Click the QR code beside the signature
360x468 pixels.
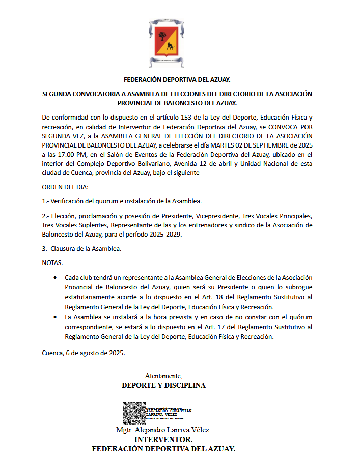coord(134,414)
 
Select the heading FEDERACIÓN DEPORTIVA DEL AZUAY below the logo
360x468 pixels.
coord(177,80)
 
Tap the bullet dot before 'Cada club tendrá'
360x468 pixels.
coord(55,277)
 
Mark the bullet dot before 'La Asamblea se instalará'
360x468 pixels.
coord(55,317)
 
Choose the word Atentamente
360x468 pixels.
coord(163,376)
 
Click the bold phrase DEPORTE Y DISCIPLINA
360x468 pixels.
coord(163,385)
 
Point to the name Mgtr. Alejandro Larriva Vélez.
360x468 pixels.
coord(163,430)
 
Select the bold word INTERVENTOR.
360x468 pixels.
coord(163,440)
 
